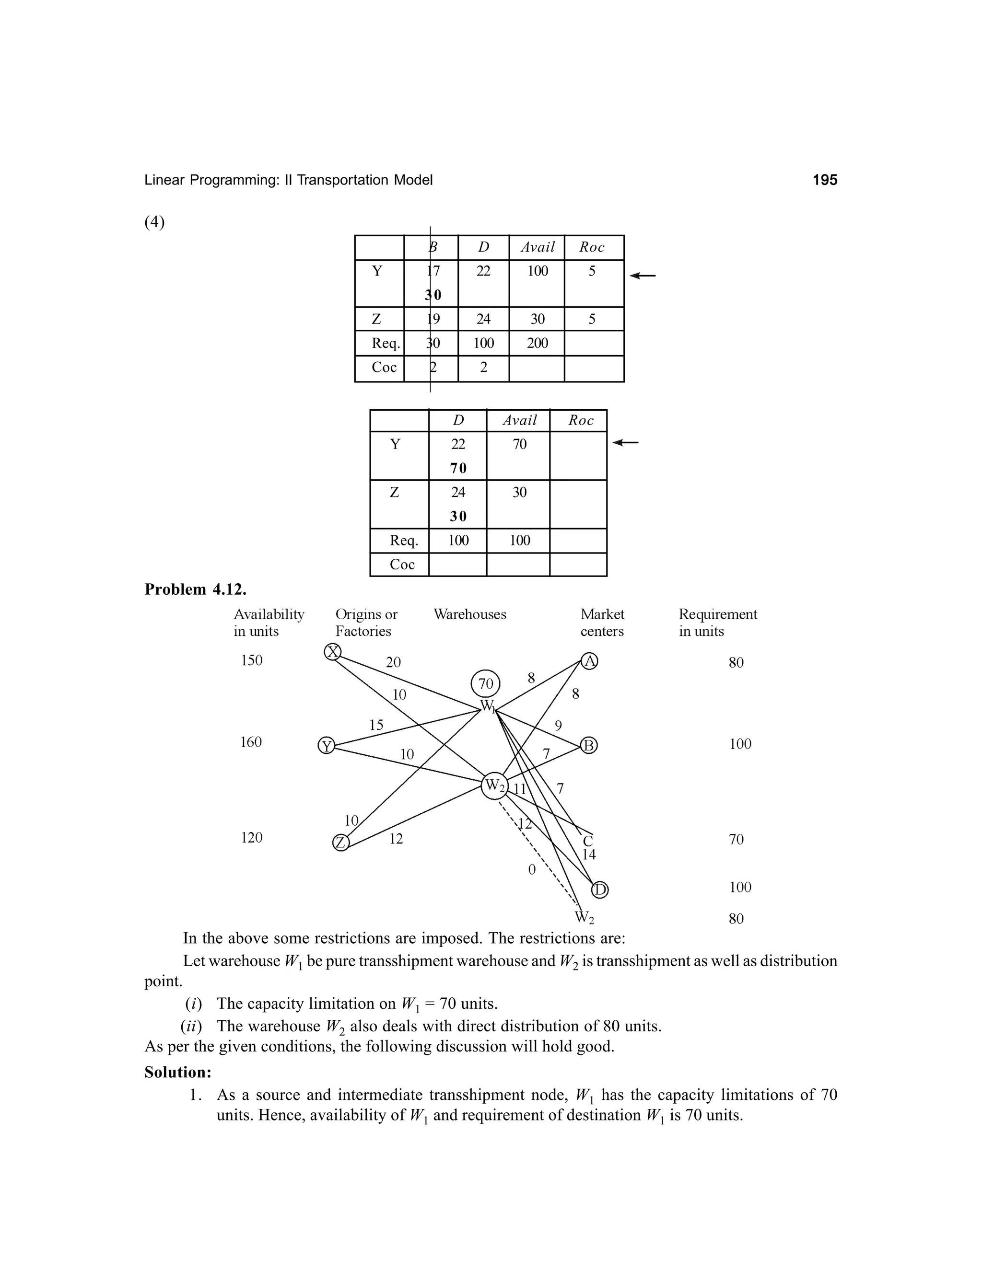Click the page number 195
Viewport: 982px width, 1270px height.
click(x=824, y=180)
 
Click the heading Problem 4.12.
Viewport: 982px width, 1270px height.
click(x=196, y=589)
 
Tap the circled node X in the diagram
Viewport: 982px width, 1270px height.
click(x=332, y=652)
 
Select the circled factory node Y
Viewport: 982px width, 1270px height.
click(x=327, y=746)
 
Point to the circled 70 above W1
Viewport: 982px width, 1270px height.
click(x=485, y=684)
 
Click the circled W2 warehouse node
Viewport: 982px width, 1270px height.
click(x=495, y=785)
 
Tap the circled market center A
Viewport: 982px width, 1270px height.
click(x=589, y=661)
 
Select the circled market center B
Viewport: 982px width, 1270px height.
click(x=589, y=746)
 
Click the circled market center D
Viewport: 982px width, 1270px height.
click(x=600, y=889)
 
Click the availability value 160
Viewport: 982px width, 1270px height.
click(x=251, y=742)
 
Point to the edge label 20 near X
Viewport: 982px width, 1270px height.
click(x=393, y=662)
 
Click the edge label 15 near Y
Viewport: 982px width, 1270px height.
click(x=376, y=725)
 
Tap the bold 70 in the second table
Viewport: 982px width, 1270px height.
click(x=458, y=468)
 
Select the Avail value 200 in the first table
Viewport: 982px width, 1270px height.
click(x=537, y=343)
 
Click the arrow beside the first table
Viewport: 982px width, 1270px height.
click(x=643, y=276)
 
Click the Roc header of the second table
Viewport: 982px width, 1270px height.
click(x=581, y=420)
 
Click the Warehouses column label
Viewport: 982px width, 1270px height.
click(x=469, y=615)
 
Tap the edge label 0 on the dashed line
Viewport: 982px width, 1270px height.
click(x=531, y=869)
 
